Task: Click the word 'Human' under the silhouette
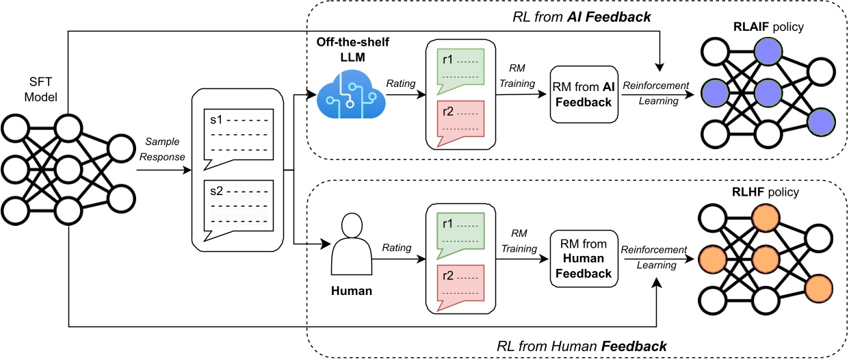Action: click(x=351, y=291)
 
